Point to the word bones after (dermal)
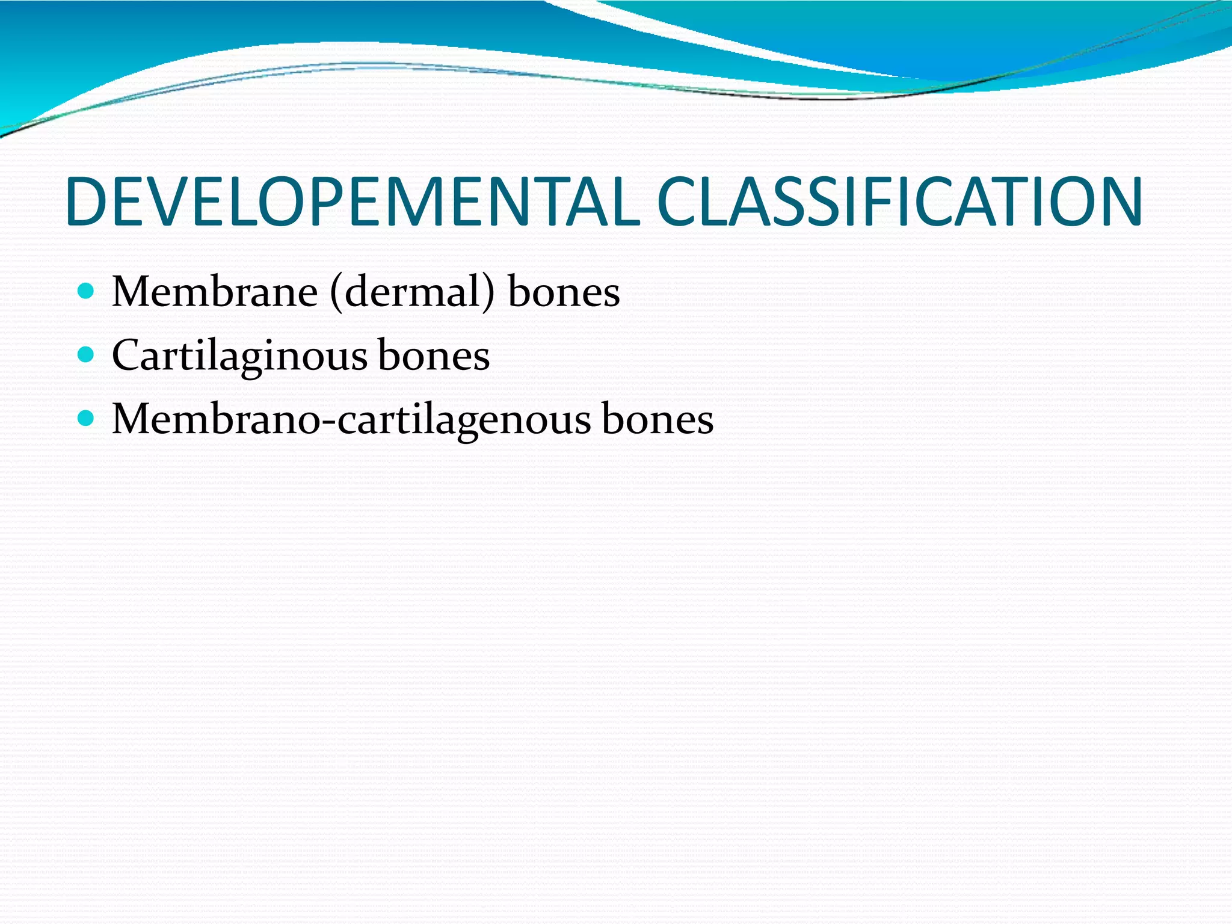[x=564, y=292]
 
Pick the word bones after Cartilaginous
[x=434, y=355]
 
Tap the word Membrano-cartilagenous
[x=351, y=419]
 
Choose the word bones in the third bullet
[x=658, y=419]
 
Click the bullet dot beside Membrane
[x=87, y=292]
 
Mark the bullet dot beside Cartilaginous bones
[x=87, y=355]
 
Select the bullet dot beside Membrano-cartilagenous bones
[x=87, y=418]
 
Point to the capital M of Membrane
[x=131, y=292]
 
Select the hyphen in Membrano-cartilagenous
[x=329, y=422]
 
